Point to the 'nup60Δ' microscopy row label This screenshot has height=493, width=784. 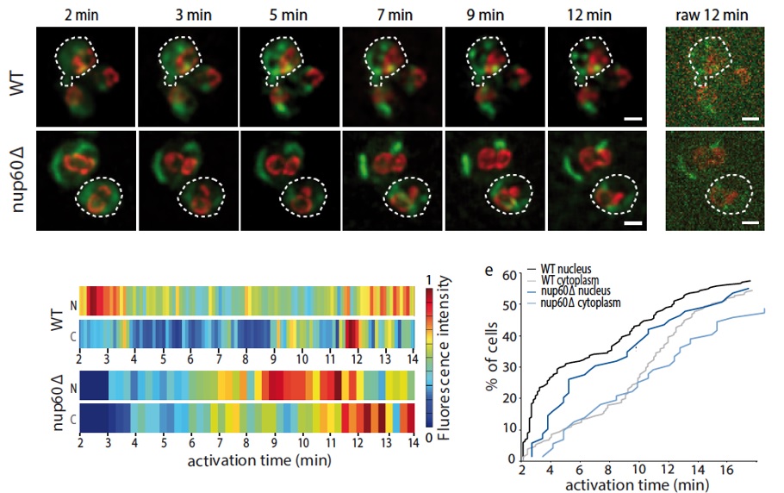tap(18, 178)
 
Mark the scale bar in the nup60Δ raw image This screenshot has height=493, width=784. tap(750, 222)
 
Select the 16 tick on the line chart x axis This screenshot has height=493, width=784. tap(727, 471)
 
